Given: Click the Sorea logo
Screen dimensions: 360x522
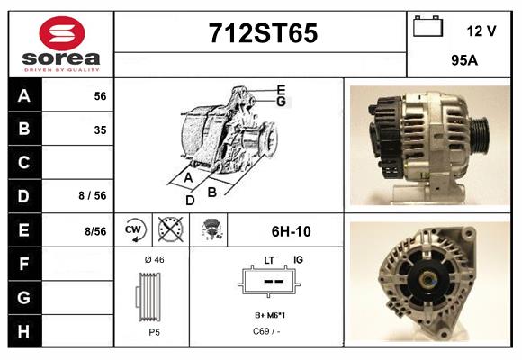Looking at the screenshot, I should pyautogui.click(x=60, y=44).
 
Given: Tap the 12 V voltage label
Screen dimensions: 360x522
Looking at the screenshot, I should pyautogui.click(x=481, y=31).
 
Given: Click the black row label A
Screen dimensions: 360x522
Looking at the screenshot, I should pyautogui.click(x=24, y=96).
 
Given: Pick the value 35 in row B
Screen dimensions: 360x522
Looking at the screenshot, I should pyautogui.click(x=100, y=130).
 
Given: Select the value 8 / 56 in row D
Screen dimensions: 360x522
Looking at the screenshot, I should pyautogui.click(x=92, y=194).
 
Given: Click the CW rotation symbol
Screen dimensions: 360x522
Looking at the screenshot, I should pyautogui.click(x=133, y=230).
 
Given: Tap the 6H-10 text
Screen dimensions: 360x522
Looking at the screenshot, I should pyautogui.click(x=291, y=231).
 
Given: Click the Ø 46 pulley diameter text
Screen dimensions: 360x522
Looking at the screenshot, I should pyautogui.click(x=154, y=260).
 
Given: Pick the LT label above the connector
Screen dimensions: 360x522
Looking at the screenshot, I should pyautogui.click(x=268, y=260).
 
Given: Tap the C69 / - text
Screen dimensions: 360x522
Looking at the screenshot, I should pyautogui.click(x=266, y=331).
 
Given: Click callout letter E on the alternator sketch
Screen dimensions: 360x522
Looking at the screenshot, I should pyautogui.click(x=281, y=90).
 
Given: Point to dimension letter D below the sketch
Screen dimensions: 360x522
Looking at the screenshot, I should pyautogui.click(x=190, y=200).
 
